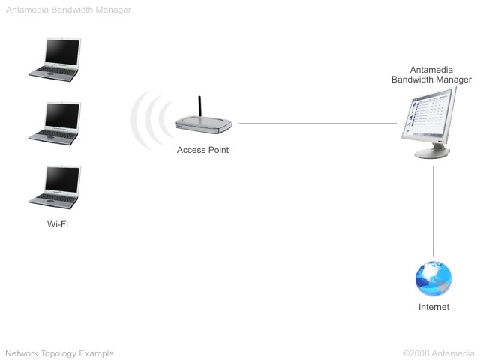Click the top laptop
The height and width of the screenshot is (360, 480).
[55, 60]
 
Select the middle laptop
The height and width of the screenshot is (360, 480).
[55, 124]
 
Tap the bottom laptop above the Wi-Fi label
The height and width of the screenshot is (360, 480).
[55, 187]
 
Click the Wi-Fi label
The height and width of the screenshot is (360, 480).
[58, 224]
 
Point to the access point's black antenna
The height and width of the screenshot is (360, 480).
[199, 106]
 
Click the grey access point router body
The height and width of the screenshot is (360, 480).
[203, 125]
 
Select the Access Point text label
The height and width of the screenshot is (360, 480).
[202, 150]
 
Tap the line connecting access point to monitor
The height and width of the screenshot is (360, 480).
[318, 123]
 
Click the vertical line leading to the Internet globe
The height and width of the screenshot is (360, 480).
[433, 211]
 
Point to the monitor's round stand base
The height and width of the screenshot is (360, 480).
[432, 152]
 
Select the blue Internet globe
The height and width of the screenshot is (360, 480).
[433, 278]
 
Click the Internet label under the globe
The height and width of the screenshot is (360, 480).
[433, 307]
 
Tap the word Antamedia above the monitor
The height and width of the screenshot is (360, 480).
[431, 70]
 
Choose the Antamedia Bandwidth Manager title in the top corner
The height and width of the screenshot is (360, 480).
[68, 10]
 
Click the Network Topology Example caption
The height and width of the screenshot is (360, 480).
[60, 353]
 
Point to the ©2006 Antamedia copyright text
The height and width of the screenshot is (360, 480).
[438, 353]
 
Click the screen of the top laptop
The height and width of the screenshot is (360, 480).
[62, 52]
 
